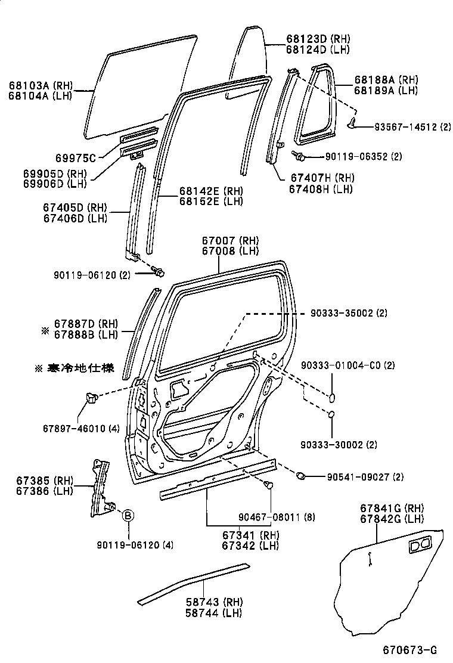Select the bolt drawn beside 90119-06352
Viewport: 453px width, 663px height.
[x=299, y=156]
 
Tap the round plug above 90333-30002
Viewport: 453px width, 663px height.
[x=333, y=415]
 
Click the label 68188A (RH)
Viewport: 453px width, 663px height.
[x=386, y=80]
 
